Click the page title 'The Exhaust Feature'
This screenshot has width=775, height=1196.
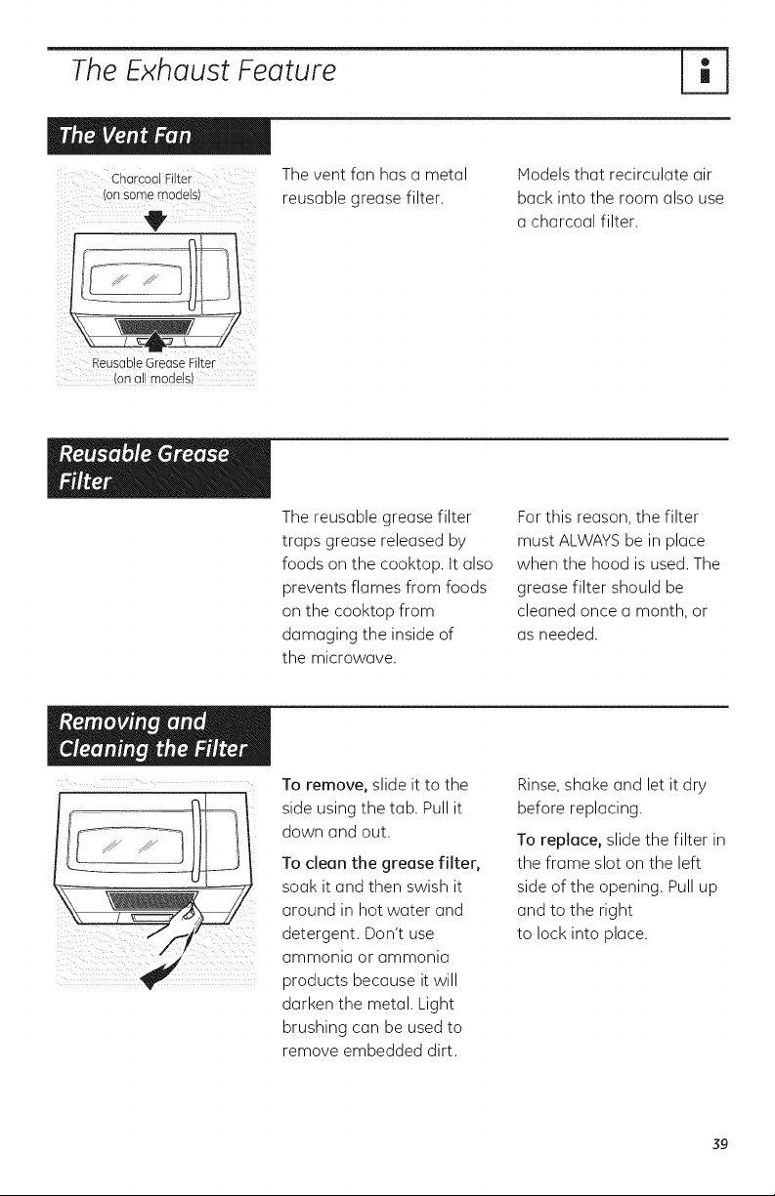pyautogui.click(x=203, y=70)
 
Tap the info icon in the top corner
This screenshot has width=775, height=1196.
pyautogui.click(x=705, y=71)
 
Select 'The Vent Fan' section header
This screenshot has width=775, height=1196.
pyautogui.click(x=158, y=136)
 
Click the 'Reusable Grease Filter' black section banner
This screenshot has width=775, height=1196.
pyautogui.click(x=158, y=469)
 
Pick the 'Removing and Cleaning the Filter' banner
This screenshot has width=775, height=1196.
pyautogui.click(x=158, y=736)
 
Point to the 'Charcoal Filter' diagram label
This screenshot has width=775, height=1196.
pyautogui.click(x=151, y=179)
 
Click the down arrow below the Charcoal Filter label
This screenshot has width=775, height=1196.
pyautogui.click(x=155, y=221)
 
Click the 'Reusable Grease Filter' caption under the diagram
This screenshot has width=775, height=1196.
pyautogui.click(x=153, y=363)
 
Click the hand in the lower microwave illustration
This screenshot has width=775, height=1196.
pyautogui.click(x=178, y=924)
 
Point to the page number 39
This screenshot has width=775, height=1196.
pyautogui.click(x=720, y=1144)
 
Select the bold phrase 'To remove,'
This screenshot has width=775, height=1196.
pyautogui.click(x=324, y=785)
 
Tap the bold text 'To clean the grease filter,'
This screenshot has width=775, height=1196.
pyautogui.click(x=381, y=863)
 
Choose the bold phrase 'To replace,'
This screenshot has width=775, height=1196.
pyautogui.click(x=560, y=841)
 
